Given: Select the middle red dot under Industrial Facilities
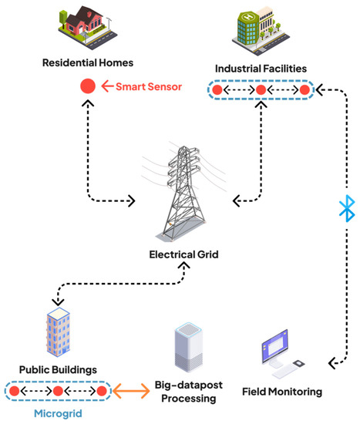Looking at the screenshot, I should [x=261, y=91].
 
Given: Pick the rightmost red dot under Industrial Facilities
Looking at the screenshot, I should [x=304, y=91].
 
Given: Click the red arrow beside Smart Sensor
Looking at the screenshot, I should [x=106, y=87].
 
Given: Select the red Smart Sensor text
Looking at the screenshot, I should [x=149, y=87].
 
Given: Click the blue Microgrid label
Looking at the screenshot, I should [x=59, y=413].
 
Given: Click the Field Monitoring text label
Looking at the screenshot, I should [x=282, y=392].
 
